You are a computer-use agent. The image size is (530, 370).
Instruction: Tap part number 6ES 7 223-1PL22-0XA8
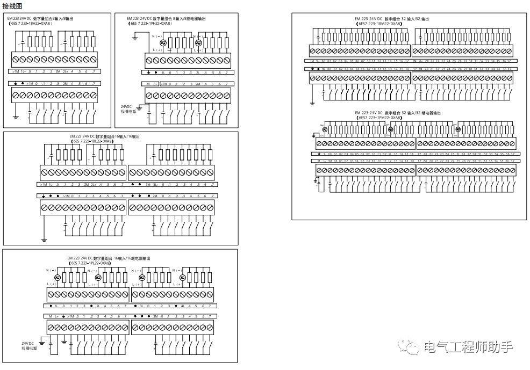coord(91,263)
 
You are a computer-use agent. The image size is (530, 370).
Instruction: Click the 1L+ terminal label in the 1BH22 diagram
coord(23,71)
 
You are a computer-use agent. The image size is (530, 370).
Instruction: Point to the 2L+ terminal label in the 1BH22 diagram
coord(65,71)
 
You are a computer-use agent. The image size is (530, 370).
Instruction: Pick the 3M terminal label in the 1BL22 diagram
coord(148,185)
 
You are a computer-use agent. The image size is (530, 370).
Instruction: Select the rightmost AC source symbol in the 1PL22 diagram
coord(182,278)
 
